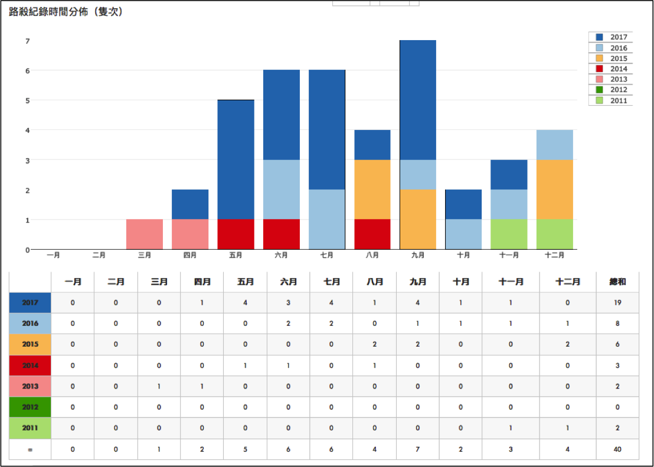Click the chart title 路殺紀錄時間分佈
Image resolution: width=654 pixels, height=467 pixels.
[x=66, y=11]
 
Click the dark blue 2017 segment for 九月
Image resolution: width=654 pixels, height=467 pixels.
[x=418, y=100]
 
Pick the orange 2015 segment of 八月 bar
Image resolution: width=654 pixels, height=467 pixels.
[x=372, y=190]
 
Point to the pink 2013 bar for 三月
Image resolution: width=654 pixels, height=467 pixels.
[x=145, y=234]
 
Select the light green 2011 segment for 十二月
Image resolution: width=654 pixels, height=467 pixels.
[x=555, y=234]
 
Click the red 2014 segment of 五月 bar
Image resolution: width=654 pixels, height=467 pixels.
[x=236, y=234]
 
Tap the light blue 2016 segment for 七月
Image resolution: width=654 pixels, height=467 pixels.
[x=327, y=219]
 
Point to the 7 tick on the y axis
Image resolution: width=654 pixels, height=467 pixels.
[x=27, y=41]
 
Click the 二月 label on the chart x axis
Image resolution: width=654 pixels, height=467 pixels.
[x=99, y=256]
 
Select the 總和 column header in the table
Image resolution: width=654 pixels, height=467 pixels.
[x=617, y=282]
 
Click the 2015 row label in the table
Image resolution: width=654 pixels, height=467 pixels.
[x=30, y=344]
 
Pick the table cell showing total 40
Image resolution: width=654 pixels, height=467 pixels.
[x=617, y=449]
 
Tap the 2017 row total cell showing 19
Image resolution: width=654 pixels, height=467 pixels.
[x=617, y=303]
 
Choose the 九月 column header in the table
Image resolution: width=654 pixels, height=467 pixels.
[x=417, y=282]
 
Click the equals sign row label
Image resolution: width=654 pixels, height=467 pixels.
[x=30, y=449]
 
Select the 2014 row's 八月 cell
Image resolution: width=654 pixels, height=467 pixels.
[x=374, y=365]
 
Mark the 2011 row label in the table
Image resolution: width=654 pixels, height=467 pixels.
[x=30, y=428]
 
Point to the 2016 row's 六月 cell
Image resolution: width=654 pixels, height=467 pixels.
[x=289, y=324]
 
